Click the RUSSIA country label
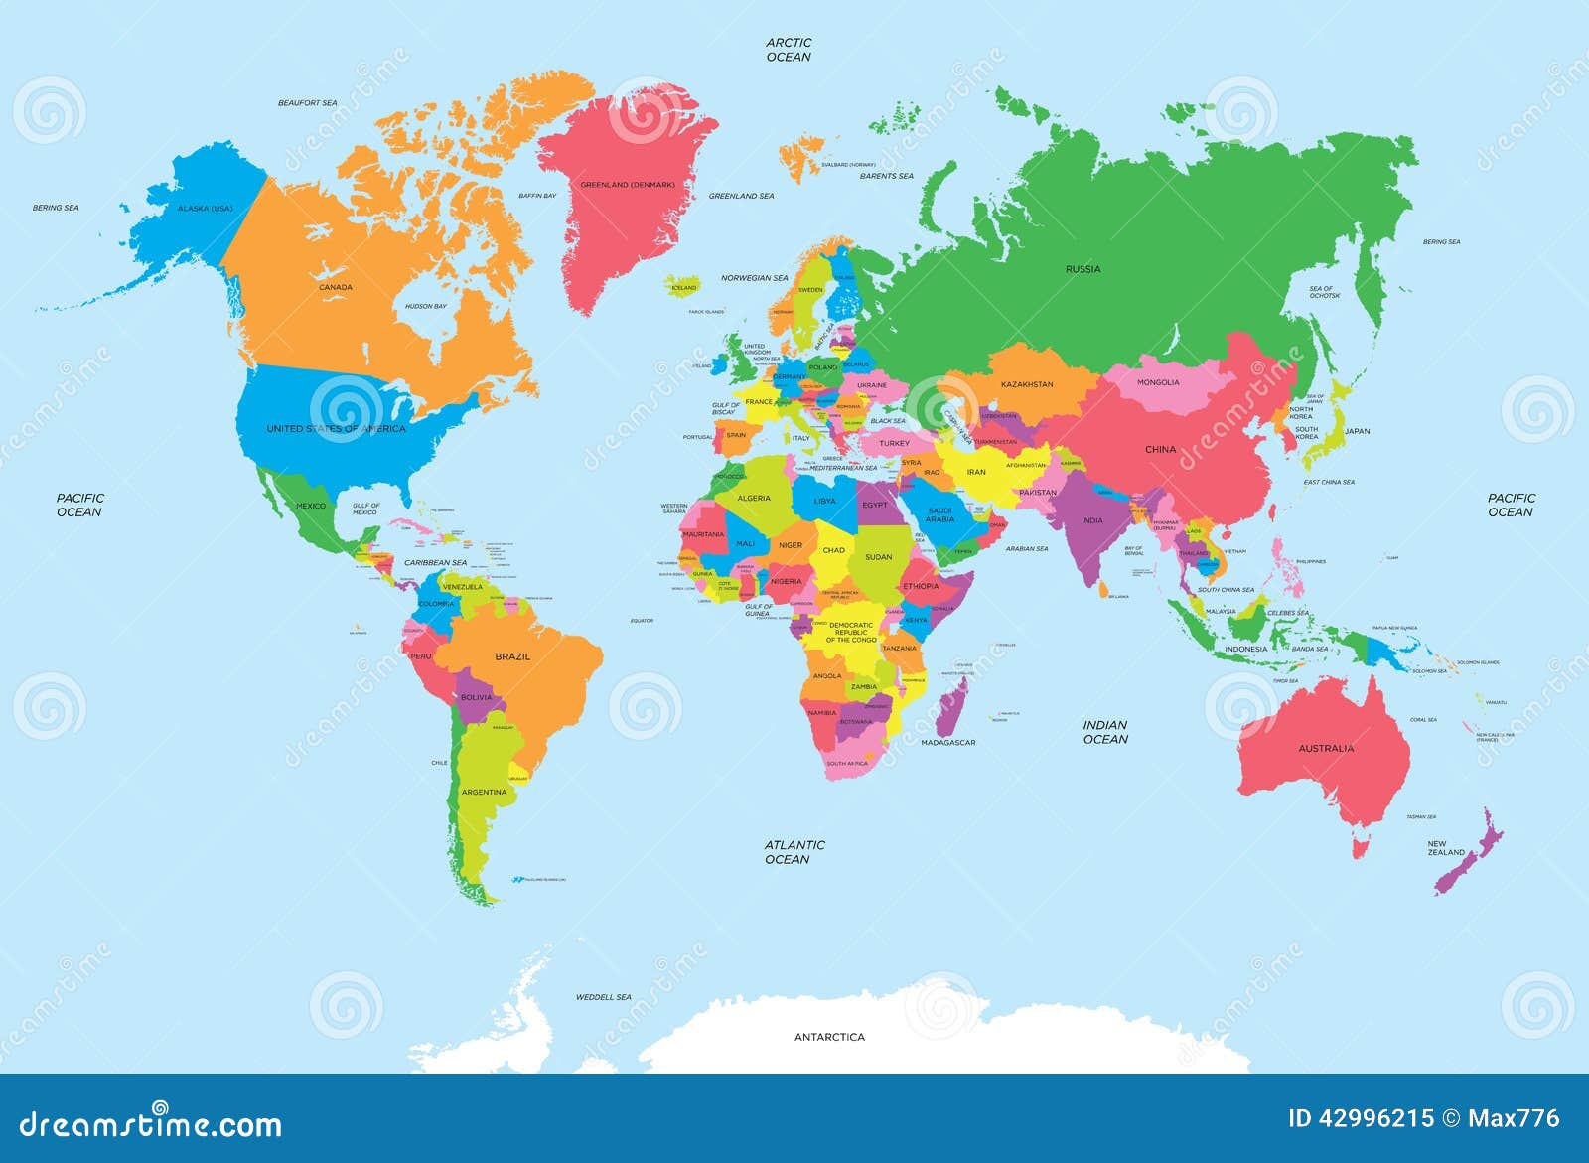(1083, 269)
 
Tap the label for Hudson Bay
(425, 307)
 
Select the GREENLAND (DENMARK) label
(628, 185)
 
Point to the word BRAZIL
(512, 656)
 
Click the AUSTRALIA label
(1326, 748)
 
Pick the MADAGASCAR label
(947, 743)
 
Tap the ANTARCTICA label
(829, 1037)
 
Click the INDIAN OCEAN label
(1105, 732)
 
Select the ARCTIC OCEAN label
(789, 50)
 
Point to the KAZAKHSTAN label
(1027, 384)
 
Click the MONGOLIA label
(1158, 382)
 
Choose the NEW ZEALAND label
(1445, 848)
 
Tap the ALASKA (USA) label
(205, 209)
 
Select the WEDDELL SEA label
(603, 997)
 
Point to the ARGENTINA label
(484, 792)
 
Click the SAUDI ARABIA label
(939, 514)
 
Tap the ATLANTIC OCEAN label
(794, 852)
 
